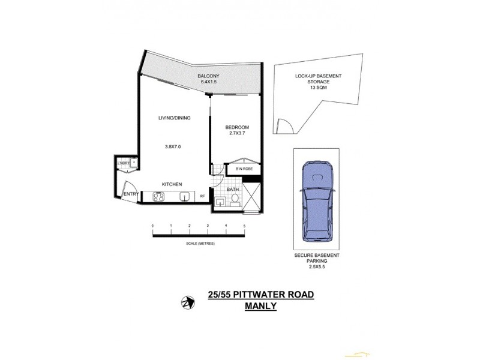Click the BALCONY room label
point(209,76)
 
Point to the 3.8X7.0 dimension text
point(173,146)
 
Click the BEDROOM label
point(236,127)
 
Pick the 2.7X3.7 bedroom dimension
point(236,134)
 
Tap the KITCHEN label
point(172,184)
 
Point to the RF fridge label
point(202,195)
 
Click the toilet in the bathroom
point(235,202)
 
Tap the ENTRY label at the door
point(131,194)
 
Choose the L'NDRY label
point(125,162)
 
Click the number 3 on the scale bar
point(208,226)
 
